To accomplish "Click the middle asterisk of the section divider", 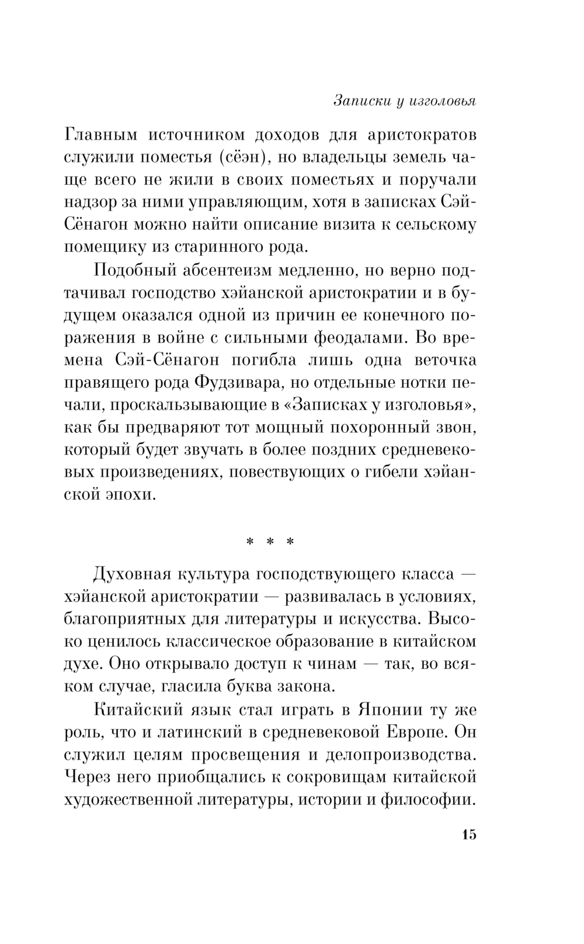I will click(x=270, y=542).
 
